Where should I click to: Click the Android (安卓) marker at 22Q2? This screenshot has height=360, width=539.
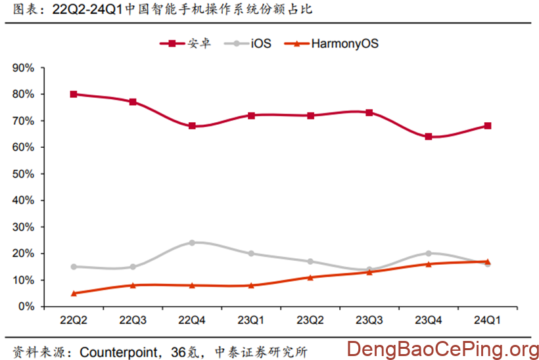click(x=74, y=94)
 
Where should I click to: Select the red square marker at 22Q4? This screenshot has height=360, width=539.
click(x=192, y=125)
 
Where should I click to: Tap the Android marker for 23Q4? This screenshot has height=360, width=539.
click(x=429, y=137)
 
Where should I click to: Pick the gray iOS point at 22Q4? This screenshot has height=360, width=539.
click(x=192, y=242)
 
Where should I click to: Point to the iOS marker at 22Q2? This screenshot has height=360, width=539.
click(x=74, y=267)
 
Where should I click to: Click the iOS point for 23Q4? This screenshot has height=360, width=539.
click(x=429, y=253)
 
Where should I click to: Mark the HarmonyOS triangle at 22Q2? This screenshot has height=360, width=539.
click(x=74, y=293)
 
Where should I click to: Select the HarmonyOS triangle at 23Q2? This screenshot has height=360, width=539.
click(x=310, y=277)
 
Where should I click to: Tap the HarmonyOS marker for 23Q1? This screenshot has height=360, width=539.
click(x=251, y=285)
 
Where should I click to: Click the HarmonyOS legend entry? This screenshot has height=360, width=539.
click(x=335, y=43)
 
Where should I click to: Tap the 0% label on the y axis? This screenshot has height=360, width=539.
click(x=26, y=306)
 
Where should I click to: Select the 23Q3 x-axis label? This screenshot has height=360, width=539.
click(x=369, y=320)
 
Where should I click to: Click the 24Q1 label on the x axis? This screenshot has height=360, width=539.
click(x=488, y=320)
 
